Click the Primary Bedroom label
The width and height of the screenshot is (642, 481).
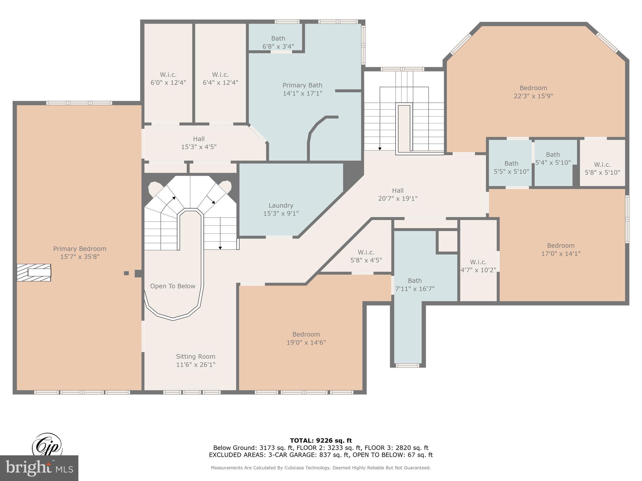click(80, 249)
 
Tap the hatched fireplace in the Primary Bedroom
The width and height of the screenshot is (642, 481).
click(34, 272)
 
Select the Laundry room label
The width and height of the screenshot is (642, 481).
click(281, 206)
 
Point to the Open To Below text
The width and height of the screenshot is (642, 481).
click(172, 286)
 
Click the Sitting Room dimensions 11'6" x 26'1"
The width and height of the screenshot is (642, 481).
click(196, 365)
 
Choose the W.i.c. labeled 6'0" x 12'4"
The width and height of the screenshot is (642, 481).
click(168, 79)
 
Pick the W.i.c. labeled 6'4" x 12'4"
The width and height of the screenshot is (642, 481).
click(220, 79)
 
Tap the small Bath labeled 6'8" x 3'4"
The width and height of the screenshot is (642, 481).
click(278, 42)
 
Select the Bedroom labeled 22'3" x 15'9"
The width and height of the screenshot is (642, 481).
click(533, 92)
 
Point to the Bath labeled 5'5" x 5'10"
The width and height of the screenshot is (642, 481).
click(511, 168)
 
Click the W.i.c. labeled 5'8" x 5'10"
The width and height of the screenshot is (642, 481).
click(602, 168)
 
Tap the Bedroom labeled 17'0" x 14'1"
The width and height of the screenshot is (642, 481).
click(560, 250)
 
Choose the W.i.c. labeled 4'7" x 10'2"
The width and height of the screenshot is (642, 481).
click(478, 266)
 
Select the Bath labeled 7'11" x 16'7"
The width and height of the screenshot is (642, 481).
click(414, 285)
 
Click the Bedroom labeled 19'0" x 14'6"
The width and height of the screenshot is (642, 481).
click(306, 338)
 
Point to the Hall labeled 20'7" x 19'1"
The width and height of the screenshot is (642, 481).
click(397, 194)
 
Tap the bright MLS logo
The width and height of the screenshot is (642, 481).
click(39, 468)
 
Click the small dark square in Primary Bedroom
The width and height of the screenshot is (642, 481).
click(126, 273)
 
